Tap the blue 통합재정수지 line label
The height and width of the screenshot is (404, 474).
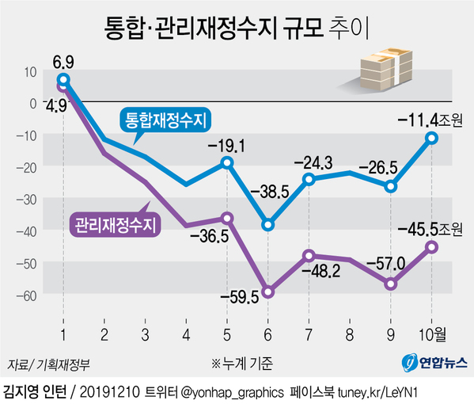(x=164, y=120)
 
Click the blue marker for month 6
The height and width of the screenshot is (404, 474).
(x=268, y=225)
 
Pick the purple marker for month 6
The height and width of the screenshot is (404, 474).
(x=268, y=292)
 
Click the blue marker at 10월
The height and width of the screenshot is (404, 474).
(x=432, y=138)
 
